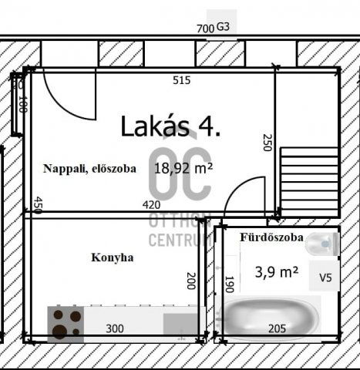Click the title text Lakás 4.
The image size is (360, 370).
pyautogui.click(x=170, y=126)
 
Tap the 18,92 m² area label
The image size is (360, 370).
pyautogui.click(x=183, y=166)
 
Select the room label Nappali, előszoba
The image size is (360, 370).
pyautogui.click(x=89, y=168)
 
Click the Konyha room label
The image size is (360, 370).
pyautogui.click(x=112, y=257)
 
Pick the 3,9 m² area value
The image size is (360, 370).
pyautogui.click(x=276, y=271)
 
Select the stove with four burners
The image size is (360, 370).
pyautogui.click(x=66, y=324)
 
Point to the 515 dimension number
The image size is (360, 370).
pyautogui.click(x=181, y=79)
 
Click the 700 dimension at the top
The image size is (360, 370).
pyautogui.click(x=205, y=29)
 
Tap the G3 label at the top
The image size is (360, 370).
pyautogui.click(x=224, y=26)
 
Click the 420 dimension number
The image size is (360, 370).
pyautogui.click(x=152, y=205)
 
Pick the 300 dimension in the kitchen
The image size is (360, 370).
pyautogui.click(x=114, y=328)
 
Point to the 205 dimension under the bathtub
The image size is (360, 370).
pyautogui.click(x=276, y=328)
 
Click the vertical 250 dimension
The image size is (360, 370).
pyautogui.click(x=267, y=143)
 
